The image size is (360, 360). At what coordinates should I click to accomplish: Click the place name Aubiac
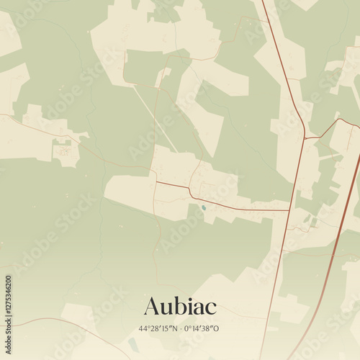tap(180, 306)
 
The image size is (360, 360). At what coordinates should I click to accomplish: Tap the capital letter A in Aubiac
tap(151, 306)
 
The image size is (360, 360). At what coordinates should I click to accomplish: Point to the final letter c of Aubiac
tap(211, 307)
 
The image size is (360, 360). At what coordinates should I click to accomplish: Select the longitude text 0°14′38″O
tap(202, 328)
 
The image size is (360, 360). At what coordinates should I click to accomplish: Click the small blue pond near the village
tap(204, 209)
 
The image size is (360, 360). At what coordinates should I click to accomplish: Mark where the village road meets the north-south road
tap(289, 210)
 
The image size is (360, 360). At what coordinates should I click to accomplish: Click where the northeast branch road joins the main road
tap(305, 138)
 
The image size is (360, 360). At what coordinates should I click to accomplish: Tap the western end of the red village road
tap(157, 182)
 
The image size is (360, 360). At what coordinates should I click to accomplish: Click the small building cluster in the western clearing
tap(65, 151)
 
